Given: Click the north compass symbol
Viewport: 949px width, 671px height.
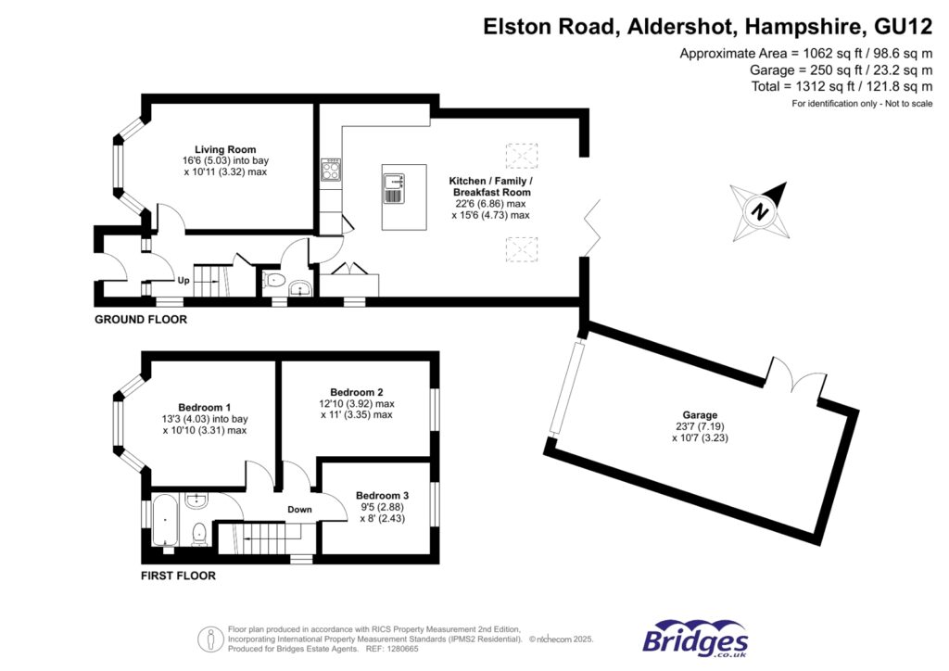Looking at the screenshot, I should tap(759, 211).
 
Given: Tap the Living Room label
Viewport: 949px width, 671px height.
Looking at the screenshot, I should tap(225, 149).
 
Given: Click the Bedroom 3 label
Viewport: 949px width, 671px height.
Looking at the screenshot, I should tap(383, 496).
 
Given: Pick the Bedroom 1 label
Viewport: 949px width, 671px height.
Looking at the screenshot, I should tap(205, 408).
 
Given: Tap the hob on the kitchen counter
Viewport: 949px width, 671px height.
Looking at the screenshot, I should tap(330, 170).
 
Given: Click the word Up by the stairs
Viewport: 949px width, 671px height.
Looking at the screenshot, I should tap(183, 280).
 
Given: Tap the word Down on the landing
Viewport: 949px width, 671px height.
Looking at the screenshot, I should tap(299, 510).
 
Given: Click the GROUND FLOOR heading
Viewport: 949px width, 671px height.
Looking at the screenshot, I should tap(141, 320).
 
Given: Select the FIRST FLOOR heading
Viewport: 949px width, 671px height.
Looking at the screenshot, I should tap(178, 576).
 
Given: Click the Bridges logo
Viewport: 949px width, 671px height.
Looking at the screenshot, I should tap(695, 639).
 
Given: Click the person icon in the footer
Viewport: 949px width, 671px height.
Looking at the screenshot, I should tap(210, 639).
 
